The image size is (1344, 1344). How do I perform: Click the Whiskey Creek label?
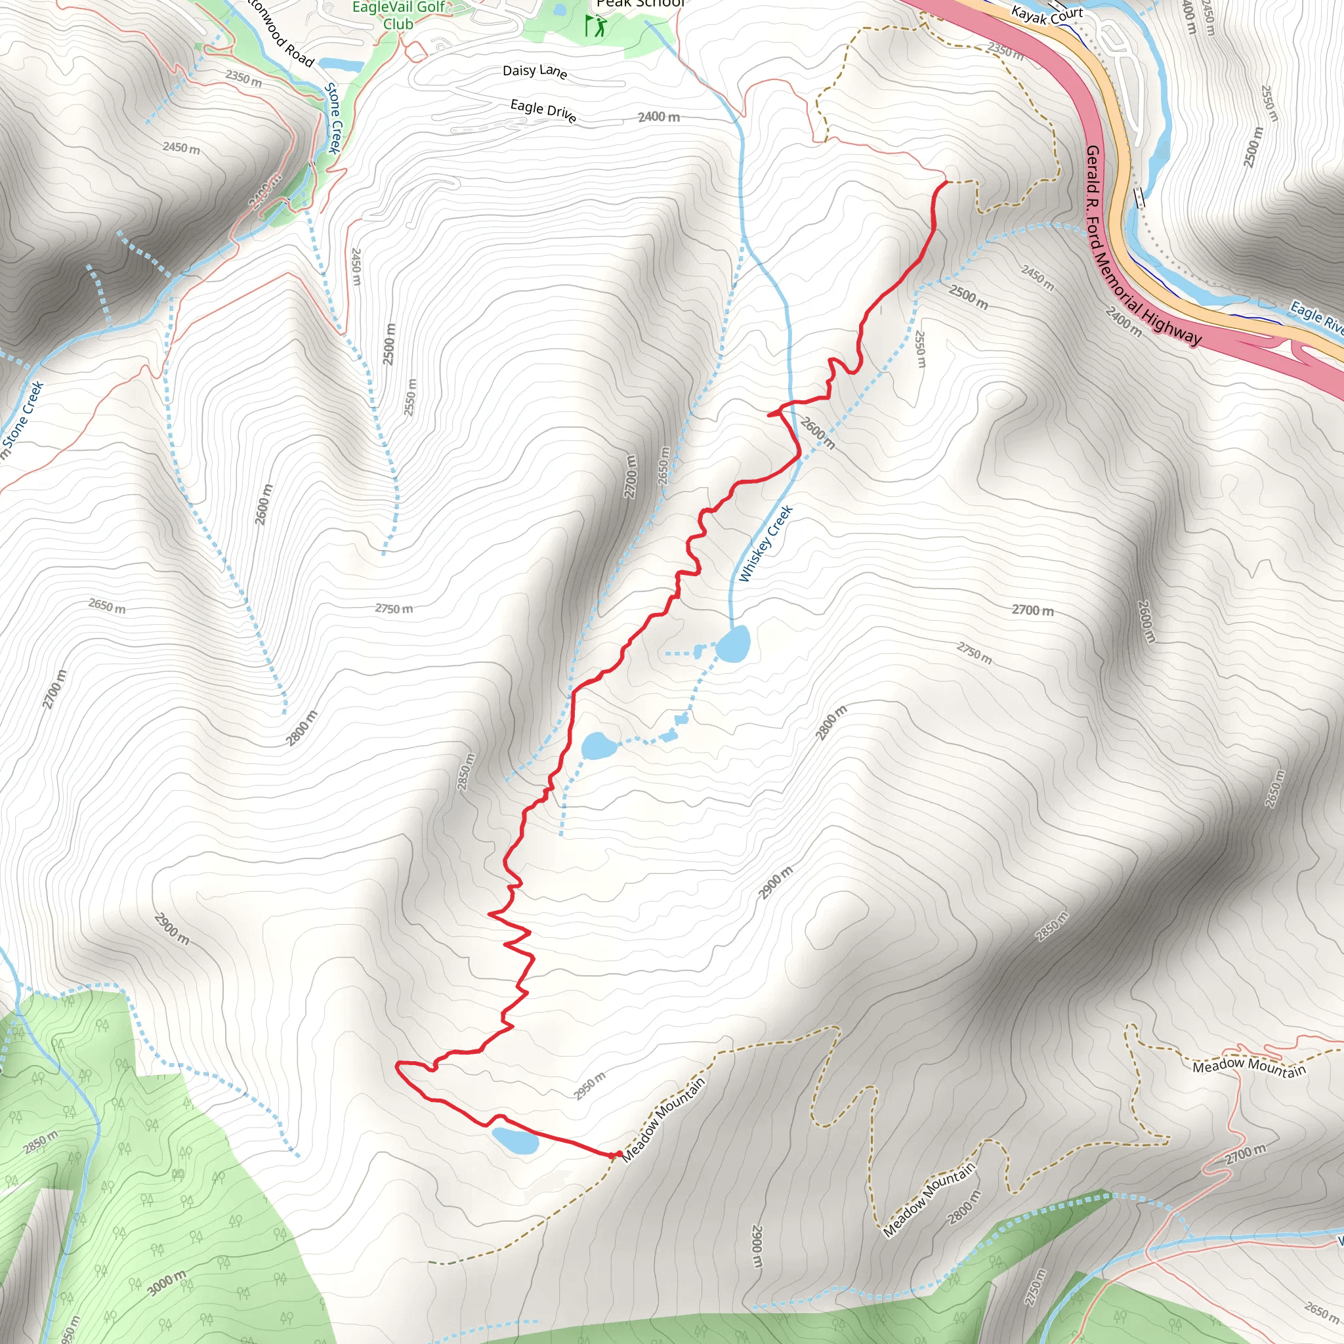[x=766, y=544]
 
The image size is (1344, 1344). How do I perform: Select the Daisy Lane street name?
[x=534, y=71]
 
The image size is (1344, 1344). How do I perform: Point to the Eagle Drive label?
[x=543, y=111]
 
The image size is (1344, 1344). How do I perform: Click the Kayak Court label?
[x=1046, y=14]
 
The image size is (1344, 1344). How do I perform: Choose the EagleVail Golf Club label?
[x=398, y=15]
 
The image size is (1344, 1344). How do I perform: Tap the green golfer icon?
[x=595, y=26]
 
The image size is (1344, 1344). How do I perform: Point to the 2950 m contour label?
[x=589, y=1086]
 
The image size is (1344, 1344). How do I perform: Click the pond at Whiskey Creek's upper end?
[x=732, y=644]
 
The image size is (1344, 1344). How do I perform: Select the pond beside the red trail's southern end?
[x=514, y=1140]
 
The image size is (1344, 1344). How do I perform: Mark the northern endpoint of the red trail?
[x=947, y=182]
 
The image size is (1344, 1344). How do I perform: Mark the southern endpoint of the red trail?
[x=618, y=1155]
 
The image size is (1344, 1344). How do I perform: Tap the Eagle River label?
[x=1316, y=316]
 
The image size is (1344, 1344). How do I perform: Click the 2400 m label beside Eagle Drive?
[x=658, y=117]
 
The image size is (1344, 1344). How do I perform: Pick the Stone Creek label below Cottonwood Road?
[x=335, y=118]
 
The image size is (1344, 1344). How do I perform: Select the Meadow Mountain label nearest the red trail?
[x=663, y=1119]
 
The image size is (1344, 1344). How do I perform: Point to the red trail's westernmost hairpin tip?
[x=396, y=1064]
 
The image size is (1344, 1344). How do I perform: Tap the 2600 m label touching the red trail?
[x=816, y=432]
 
